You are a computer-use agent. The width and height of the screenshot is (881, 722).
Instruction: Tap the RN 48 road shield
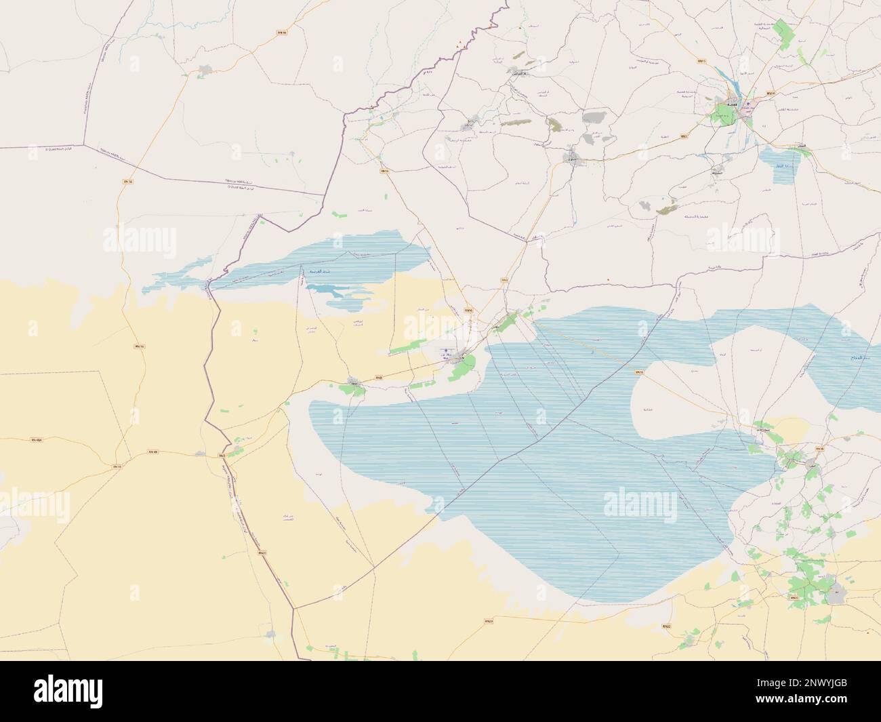[x=152, y=452]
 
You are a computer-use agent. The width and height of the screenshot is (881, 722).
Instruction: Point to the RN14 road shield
[x=770, y=93]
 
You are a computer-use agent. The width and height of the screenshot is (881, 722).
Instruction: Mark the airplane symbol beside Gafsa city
[x=747, y=107]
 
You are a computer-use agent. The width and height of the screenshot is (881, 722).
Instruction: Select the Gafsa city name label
[x=732, y=103]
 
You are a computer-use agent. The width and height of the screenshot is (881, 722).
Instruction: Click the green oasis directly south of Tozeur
[x=464, y=369]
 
